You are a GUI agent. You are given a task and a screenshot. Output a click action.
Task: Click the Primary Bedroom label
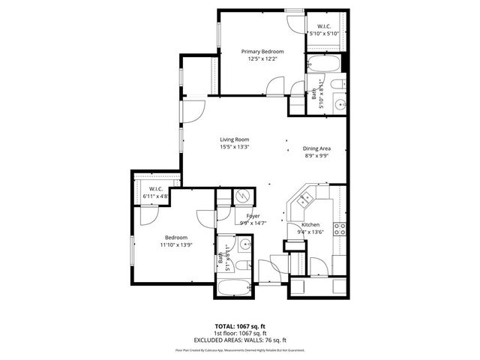pyautogui.click(x=262, y=52)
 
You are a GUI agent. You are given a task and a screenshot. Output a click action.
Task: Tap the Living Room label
pyautogui.click(x=234, y=139)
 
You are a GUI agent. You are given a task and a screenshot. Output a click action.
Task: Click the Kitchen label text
pyautogui.click(x=310, y=225)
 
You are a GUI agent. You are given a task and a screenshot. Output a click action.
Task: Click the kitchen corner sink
pyautogui.click(x=305, y=199)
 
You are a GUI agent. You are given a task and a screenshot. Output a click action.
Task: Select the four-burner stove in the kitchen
pyautogui.click(x=340, y=229)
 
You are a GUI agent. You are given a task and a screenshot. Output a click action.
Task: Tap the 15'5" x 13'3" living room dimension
pyautogui.click(x=234, y=147)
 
